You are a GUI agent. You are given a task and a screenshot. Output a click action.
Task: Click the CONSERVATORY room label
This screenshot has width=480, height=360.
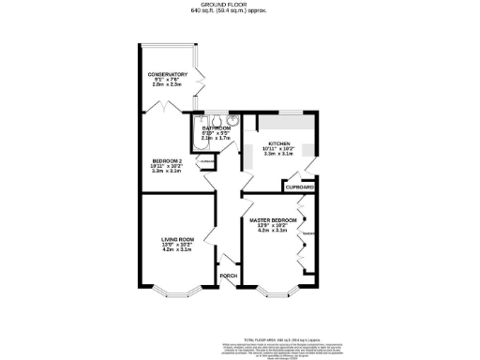(167, 74)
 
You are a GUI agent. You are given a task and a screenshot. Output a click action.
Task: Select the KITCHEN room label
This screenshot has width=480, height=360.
(278, 144)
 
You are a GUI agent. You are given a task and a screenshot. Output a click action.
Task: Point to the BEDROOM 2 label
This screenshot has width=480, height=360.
(167, 160)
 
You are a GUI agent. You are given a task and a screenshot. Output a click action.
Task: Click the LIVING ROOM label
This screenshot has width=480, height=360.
(176, 239)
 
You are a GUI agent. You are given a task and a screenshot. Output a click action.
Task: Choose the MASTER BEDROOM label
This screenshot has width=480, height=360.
(274, 218)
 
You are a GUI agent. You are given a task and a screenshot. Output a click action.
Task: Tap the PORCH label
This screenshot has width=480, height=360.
(228, 276)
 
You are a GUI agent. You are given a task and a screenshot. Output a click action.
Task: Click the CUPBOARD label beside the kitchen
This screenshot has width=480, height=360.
(299, 187)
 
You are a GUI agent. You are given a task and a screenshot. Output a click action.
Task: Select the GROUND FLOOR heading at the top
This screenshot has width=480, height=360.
(240, 5)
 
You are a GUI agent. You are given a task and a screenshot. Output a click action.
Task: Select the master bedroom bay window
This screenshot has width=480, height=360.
(275, 286)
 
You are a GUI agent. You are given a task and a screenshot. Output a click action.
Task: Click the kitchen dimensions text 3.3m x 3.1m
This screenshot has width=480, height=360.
(278, 156)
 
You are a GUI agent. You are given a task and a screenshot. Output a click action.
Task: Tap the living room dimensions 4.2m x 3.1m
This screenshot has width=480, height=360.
(176, 250)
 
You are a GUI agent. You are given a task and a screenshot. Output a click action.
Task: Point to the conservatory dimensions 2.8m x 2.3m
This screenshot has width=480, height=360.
(167, 85)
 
